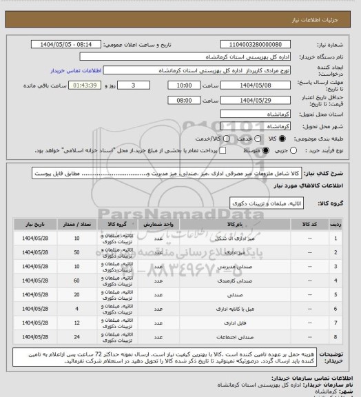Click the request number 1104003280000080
260,43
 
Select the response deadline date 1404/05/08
260,85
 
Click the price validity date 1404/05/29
260,99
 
